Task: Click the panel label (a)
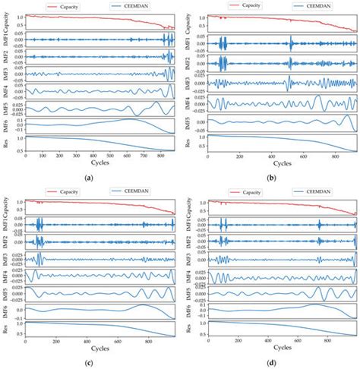pos(90,176)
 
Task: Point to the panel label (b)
pos(271,176)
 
